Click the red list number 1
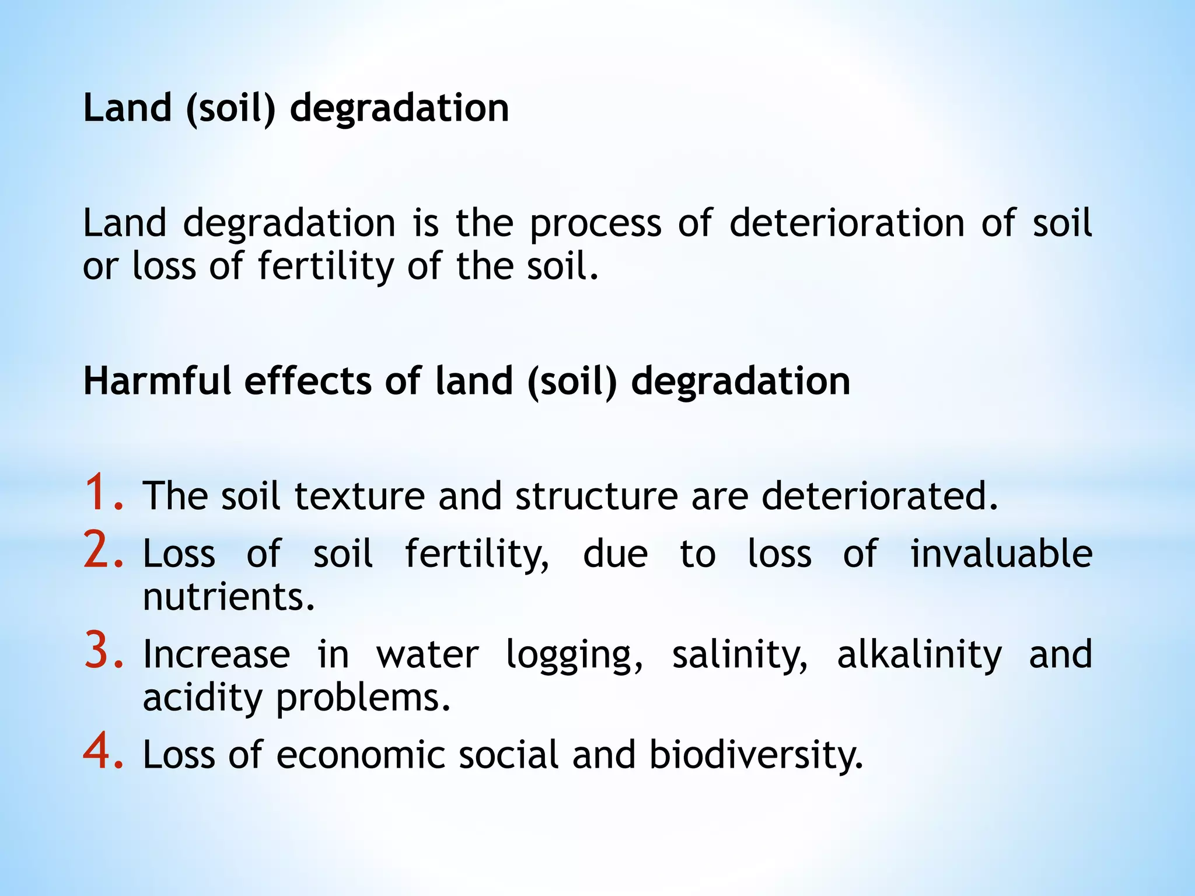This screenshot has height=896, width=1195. [103, 493]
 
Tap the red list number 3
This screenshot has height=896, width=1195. [103, 651]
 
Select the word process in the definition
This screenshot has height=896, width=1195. [595, 225]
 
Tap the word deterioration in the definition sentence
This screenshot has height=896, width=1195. [847, 223]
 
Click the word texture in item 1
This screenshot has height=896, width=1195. [359, 496]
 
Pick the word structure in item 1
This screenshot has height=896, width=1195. [596, 496]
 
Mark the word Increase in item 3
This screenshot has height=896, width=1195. [216, 654]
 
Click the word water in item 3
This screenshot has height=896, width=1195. [428, 654]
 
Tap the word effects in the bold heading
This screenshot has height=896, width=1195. [308, 381]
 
